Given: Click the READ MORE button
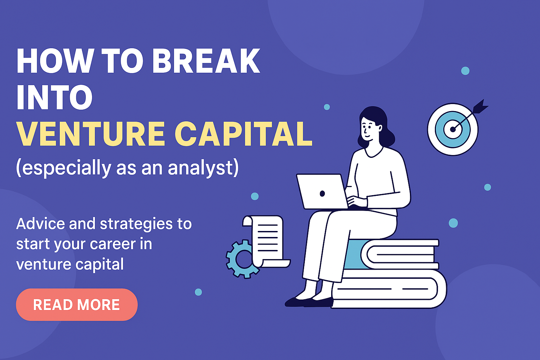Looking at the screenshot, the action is pos(77,304).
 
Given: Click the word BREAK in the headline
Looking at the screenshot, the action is pos(206,61).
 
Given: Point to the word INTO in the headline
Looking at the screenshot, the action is pos(54,97).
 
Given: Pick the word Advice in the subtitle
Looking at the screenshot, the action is pos(40,224).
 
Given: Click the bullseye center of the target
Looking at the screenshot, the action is pos(453,129).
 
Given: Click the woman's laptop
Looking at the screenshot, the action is pos(322,192).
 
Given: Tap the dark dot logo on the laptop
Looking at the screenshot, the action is pos(322,193).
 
